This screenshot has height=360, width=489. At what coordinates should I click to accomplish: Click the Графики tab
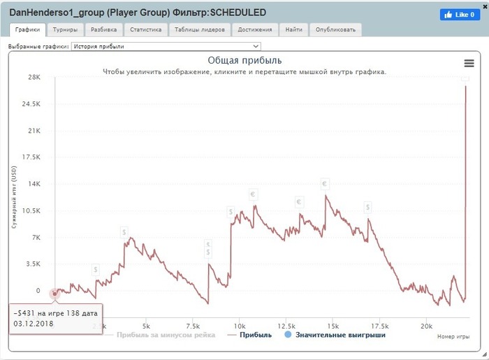(x=28, y=30)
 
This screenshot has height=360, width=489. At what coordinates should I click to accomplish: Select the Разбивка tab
(x=105, y=30)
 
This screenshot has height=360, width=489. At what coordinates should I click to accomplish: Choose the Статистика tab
(x=145, y=30)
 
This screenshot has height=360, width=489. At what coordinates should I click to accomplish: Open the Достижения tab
(x=254, y=30)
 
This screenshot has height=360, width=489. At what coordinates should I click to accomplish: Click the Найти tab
(x=294, y=30)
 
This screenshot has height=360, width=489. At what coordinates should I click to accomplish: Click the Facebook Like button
(x=460, y=15)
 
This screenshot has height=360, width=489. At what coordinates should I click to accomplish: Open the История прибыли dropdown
(x=166, y=46)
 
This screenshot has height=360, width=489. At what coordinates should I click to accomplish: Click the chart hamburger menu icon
(x=469, y=63)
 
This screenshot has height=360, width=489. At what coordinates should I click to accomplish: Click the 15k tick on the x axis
(x=333, y=326)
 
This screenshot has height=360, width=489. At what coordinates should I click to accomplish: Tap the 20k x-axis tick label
(x=427, y=326)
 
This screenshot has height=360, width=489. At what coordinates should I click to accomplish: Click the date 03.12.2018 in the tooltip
(x=34, y=324)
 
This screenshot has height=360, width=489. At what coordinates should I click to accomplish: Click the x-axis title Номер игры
(x=452, y=336)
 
